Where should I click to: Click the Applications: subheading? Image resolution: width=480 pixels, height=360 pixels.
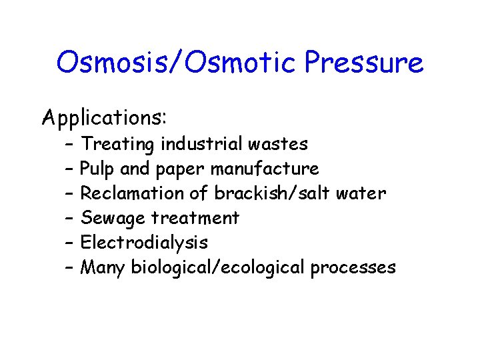click(105, 118)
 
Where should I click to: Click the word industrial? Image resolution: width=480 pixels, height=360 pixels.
click(203, 144)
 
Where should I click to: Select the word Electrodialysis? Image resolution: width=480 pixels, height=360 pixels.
click(144, 243)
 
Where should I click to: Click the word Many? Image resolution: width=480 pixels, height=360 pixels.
click(103, 267)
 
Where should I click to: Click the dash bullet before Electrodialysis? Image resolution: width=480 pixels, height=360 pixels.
click(69, 243)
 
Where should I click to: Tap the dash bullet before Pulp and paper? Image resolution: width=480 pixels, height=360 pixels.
click(69, 169)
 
